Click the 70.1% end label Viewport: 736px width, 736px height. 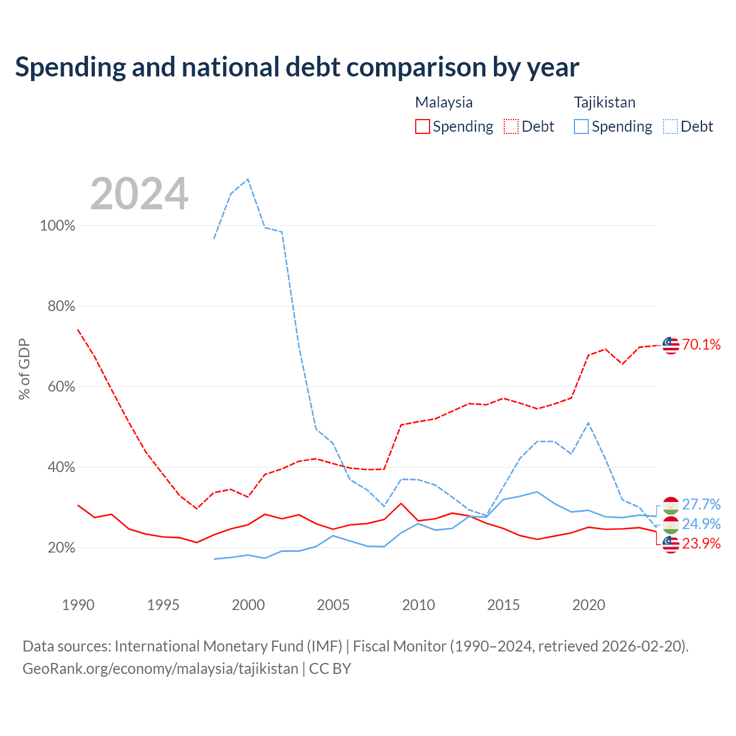[701, 344]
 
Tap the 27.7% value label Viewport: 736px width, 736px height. [701, 504]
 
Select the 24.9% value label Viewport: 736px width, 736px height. [701, 524]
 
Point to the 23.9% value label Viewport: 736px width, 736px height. [701, 543]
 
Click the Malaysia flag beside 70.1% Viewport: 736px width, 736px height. [670, 346]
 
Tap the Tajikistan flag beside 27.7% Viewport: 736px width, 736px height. [670, 505]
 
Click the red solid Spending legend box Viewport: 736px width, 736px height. [423, 126]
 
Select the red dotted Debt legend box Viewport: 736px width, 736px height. [511, 126]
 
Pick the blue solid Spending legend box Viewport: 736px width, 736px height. [581, 126]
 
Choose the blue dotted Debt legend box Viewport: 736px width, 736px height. [670, 126]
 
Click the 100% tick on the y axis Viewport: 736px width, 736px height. [57, 226]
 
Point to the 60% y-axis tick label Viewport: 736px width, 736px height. [61, 387]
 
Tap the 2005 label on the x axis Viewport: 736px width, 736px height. [333, 605]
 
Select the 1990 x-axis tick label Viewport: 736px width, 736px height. [78, 605]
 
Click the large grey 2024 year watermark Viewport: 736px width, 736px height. [139, 194]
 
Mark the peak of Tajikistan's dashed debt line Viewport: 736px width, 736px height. [248, 179]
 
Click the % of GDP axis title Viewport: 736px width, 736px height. [24, 369]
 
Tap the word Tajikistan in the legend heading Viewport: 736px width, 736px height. [604, 102]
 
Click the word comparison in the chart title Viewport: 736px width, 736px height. [416, 68]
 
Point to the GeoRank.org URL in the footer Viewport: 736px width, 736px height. [160, 669]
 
